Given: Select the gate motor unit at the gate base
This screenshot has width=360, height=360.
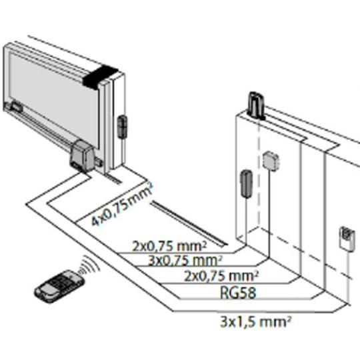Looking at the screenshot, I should pyautogui.click(x=84, y=155).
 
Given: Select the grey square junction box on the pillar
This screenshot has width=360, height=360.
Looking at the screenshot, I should pyautogui.click(x=271, y=159).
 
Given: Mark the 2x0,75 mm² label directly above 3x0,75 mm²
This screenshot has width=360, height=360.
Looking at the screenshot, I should pyautogui.click(x=159, y=245).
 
